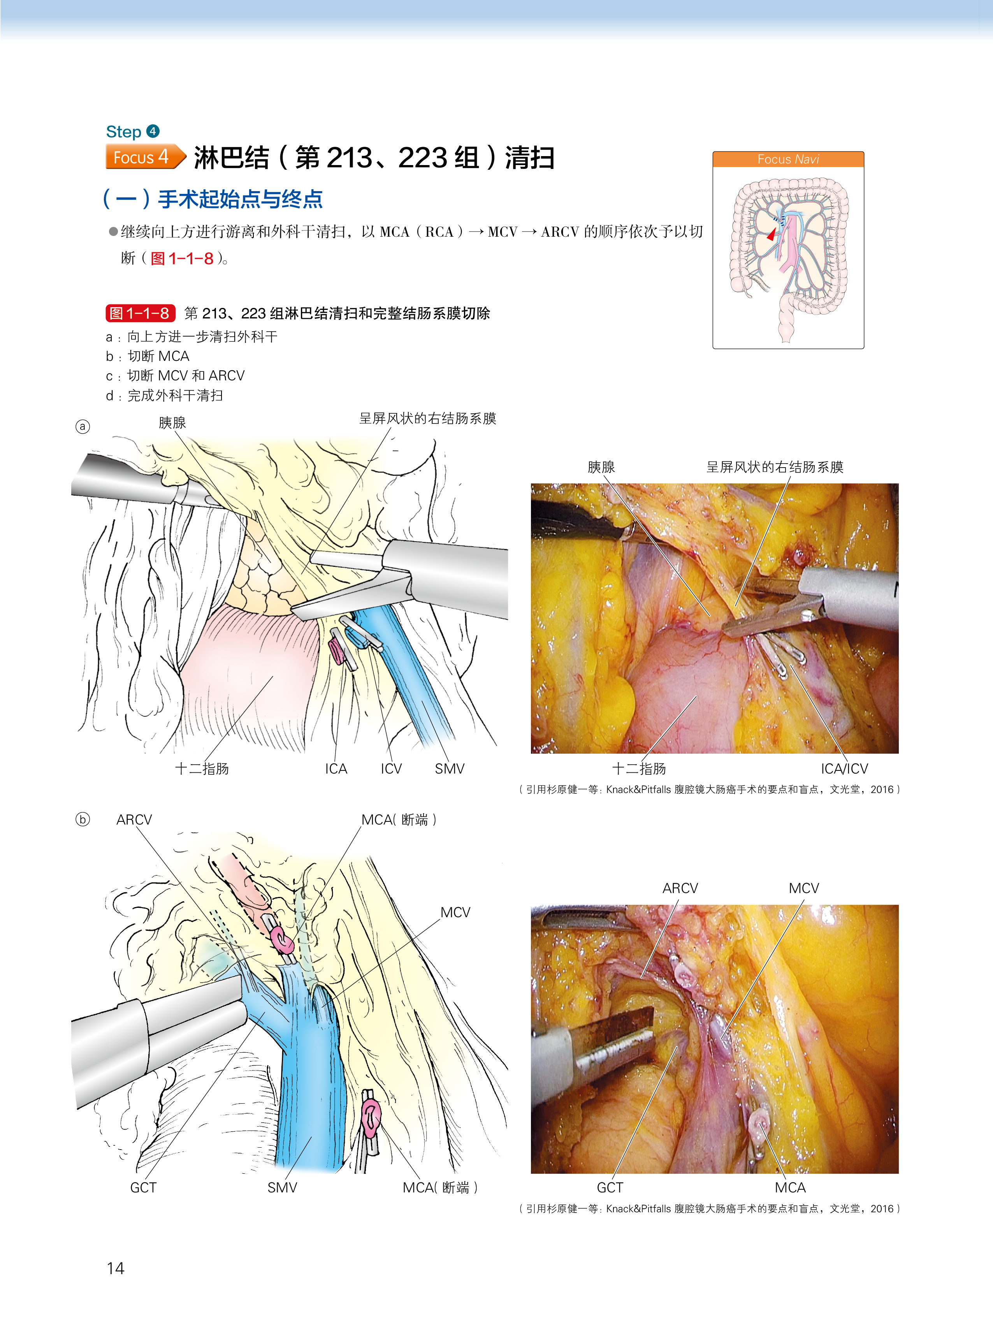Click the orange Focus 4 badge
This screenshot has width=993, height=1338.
coord(144,157)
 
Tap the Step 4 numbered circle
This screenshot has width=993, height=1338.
coord(153,131)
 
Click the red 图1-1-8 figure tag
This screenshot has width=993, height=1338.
coord(139,313)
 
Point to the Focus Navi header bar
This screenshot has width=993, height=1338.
coord(787,159)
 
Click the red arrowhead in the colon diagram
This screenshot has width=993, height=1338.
coord(771,234)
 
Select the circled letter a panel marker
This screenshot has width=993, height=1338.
coord(83,427)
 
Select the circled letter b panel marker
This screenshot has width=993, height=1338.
coord(83,819)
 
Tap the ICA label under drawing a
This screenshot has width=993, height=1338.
coord(336,769)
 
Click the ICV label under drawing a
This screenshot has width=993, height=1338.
coord(391,769)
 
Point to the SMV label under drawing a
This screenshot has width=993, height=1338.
coord(449,769)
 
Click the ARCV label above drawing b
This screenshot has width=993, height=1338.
coord(134,820)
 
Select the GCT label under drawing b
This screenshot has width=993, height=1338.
coord(143,1188)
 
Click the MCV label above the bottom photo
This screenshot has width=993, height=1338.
coord(804,888)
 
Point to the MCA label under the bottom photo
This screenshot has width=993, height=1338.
coord(790,1188)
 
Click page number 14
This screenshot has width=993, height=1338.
coord(115,1268)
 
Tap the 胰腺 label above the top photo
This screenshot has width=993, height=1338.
coord(601,467)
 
